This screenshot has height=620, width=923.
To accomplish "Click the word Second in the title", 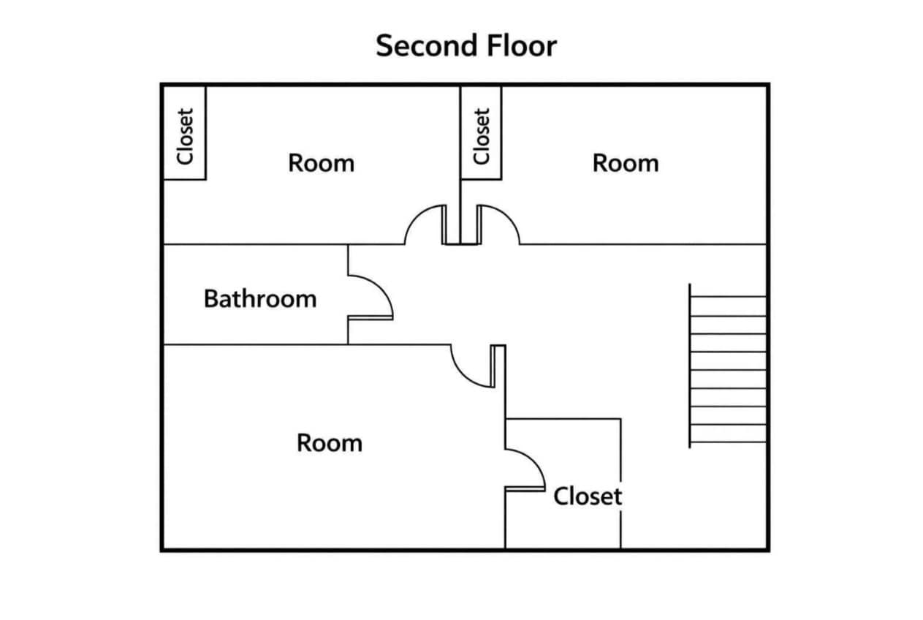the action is pos(428,45).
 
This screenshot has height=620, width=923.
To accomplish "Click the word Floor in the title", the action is pos(522,45).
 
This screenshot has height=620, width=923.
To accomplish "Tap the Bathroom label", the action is pos(260,298).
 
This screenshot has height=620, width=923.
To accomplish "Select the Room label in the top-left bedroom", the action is pos(321,163).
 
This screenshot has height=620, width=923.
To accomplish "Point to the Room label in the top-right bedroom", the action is pos(626,163).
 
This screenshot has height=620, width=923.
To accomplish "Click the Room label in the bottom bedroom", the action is pos(330,443).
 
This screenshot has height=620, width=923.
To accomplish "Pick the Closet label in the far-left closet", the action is pos(185,137).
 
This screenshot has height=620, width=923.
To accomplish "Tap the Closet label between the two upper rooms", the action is pos(482,137).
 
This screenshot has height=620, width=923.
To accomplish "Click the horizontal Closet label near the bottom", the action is pos(588,496).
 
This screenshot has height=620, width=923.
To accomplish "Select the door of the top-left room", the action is pos(425,225).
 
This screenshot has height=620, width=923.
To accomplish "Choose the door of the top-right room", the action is pos(498,225).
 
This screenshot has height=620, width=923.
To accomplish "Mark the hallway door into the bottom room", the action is pos(472,366).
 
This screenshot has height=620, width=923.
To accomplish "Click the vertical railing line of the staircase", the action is pos(690,366).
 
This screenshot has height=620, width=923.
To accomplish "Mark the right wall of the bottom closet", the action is pos(621,483).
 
